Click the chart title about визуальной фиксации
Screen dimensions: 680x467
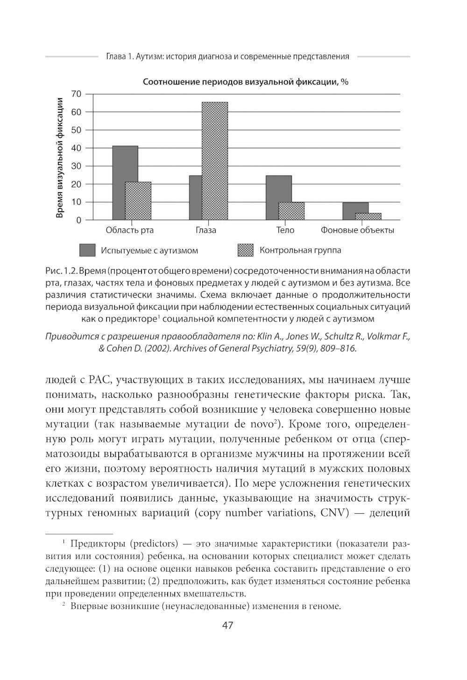pos(246,82)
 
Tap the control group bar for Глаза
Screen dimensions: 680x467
pos(215,161)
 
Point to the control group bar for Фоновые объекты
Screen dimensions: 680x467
pos(368,216)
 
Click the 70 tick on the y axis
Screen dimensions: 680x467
pos(76,94)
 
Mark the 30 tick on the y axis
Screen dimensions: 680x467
pos(76,166)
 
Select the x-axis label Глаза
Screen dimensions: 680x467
pos(206,230)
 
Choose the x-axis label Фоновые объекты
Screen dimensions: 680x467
pos(357,230)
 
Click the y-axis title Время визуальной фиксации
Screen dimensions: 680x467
pos(60,157)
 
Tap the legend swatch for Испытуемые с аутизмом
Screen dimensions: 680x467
pos(87,250)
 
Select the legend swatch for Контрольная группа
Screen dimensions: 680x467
pos(246,250)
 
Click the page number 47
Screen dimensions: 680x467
pos(227,625)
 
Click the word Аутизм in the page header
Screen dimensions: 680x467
pos(149,57)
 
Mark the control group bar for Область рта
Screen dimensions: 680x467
pos(138,201)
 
